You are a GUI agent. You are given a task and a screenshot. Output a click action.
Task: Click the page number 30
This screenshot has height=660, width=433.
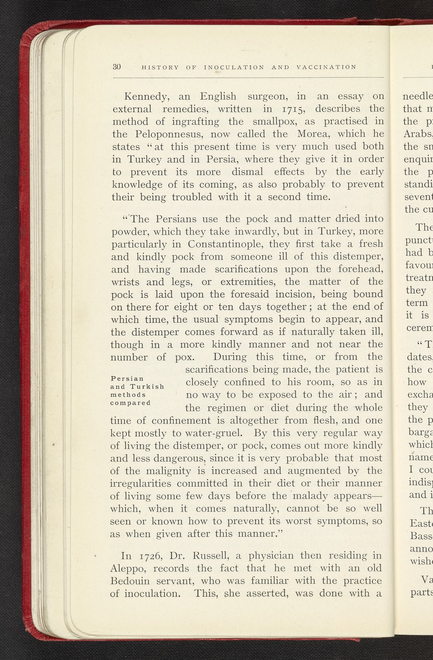point(117,67)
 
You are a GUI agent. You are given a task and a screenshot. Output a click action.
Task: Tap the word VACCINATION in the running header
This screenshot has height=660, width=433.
point(326,67)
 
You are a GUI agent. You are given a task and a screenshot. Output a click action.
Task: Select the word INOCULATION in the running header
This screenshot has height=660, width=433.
point(234,67)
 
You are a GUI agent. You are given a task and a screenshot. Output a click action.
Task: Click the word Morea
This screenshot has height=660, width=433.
point(313,134)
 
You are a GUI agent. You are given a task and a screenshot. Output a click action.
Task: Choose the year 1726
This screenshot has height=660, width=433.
point(146,555)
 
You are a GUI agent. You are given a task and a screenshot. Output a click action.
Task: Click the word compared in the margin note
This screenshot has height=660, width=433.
point(130,402)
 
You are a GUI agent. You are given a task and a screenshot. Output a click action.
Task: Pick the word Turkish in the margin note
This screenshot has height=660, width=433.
point(149,387)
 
